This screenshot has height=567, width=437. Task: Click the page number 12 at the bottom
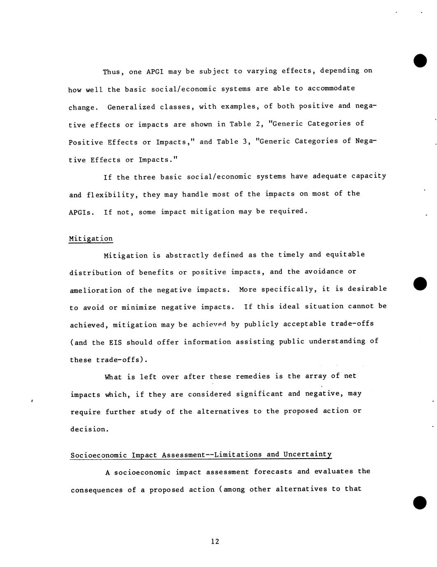coord(215,541)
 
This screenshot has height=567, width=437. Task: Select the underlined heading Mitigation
coord(91,239)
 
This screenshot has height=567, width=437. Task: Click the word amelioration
coord(95,290)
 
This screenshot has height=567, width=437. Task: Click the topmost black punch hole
coord(420,60)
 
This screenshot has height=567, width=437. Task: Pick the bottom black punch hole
coord(420,502)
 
